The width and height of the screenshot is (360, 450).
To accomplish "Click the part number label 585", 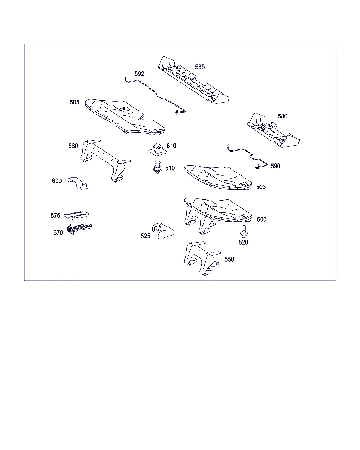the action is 200,67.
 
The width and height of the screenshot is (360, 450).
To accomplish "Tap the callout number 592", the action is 139,73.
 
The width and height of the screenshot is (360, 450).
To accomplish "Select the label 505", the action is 75,102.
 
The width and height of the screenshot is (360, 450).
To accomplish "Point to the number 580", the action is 282,116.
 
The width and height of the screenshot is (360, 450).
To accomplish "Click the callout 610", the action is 171,146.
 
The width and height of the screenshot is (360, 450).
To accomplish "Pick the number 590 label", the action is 275,166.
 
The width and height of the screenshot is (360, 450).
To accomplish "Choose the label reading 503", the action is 261,187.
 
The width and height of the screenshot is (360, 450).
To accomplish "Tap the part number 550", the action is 229,259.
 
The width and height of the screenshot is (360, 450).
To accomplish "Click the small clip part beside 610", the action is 158,149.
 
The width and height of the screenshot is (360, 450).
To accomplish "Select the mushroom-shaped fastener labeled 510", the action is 158,167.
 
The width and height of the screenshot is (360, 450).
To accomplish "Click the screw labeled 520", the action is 244,231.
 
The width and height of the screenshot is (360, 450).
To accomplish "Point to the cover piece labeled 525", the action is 163,231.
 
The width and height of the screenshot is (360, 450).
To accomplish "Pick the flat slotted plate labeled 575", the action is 76,215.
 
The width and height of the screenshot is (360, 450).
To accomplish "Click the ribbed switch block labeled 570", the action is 79,229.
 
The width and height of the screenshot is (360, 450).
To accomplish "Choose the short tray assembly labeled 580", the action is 273,130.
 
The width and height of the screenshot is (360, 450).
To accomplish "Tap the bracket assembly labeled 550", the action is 202,258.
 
